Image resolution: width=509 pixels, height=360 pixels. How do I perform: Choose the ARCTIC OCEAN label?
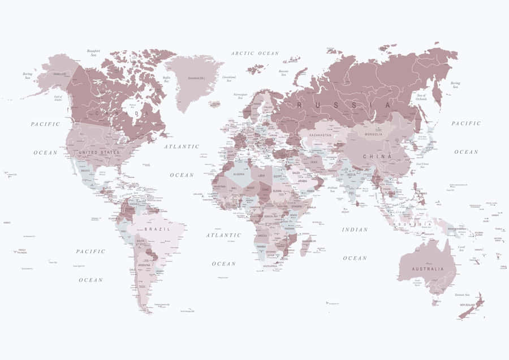tap(255, 53)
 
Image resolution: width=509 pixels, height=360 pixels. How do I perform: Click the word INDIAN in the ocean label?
tap(355, 229)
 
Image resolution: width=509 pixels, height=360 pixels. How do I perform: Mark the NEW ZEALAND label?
tap(469, 305)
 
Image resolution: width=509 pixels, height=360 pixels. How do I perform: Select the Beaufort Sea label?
tap(93, 53)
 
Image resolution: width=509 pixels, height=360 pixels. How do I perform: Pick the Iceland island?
tap(214, 104)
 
